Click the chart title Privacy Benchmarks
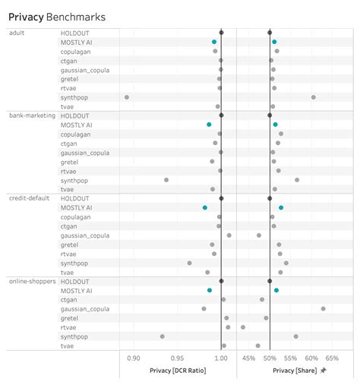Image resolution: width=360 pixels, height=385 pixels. point(57,16)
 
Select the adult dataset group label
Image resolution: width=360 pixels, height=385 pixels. point(17,33)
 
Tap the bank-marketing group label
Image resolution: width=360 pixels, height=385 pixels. point(30,115)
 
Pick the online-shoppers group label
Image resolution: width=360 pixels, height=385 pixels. point(30,281)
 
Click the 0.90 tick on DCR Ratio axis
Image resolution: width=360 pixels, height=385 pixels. point(134,358)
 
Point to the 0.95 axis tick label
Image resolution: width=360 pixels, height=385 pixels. point(177,358)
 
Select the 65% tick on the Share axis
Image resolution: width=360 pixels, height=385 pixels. point(332,358)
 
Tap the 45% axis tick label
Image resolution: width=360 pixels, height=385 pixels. point(248,358)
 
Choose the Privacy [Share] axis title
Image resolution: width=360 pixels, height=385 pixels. point(294,371)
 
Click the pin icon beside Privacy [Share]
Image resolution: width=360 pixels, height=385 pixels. point(324,371)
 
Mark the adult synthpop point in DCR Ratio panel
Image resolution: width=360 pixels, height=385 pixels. point(127,97)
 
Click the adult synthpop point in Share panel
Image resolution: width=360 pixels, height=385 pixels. point(313,97)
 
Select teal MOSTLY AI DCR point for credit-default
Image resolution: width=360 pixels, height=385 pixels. point(205,207)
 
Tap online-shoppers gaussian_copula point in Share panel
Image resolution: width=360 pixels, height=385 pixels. point(323,308)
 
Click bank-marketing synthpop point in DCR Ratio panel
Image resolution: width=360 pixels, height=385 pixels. point(166,180)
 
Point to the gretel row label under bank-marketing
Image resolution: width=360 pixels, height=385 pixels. point(71,162)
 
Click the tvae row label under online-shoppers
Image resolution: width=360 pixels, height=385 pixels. point(68,346)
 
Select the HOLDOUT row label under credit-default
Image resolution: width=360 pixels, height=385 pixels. point(75,198)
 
